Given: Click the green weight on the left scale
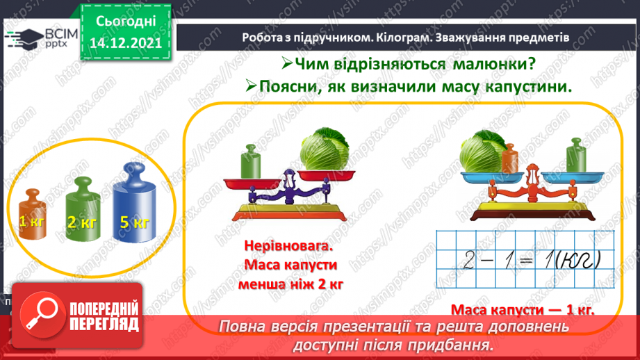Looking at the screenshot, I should (251, 162).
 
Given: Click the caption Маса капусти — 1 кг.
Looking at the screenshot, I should (523, 310).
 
